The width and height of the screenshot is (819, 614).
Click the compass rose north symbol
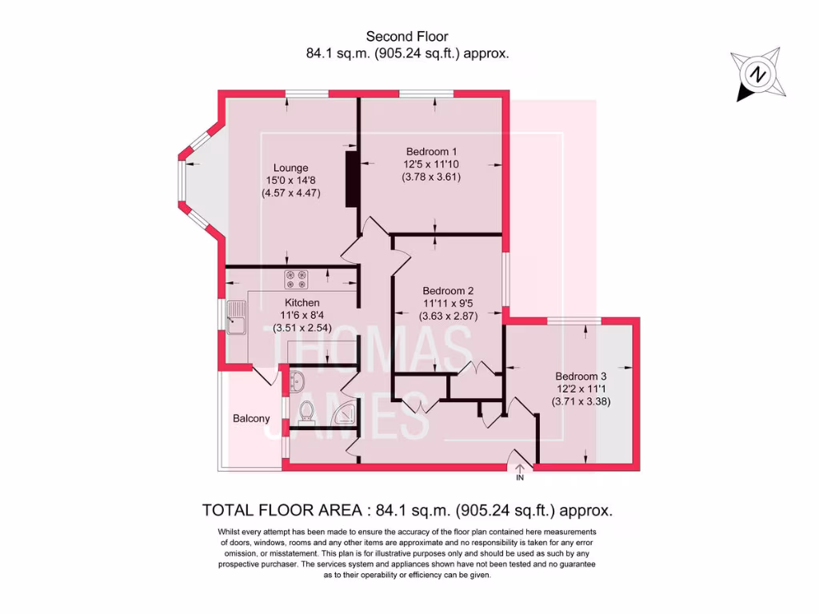(x=756, y=75)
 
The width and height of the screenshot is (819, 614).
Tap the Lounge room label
(x=291, y=168)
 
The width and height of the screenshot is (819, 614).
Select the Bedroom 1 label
(x=431, y=152)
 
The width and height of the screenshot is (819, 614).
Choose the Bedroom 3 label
(x=581, y=377)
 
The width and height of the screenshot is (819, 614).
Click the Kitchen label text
(x=302, y=303)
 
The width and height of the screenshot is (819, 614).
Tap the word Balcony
(x=251, y=418)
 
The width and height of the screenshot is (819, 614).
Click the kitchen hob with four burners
(x=294, y=279)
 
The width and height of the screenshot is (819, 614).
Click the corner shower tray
(x=346, y=413)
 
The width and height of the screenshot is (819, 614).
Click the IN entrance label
(x=519, y=478)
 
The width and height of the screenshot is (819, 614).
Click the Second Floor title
(x=407, y=36)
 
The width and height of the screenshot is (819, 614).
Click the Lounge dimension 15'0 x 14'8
(x=291, y=181)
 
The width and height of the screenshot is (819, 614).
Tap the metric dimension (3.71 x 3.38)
(x=581, y=402)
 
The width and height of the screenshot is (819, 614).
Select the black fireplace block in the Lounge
(x=351, y=176)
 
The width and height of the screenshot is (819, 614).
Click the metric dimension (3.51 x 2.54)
(x=302, y=328)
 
